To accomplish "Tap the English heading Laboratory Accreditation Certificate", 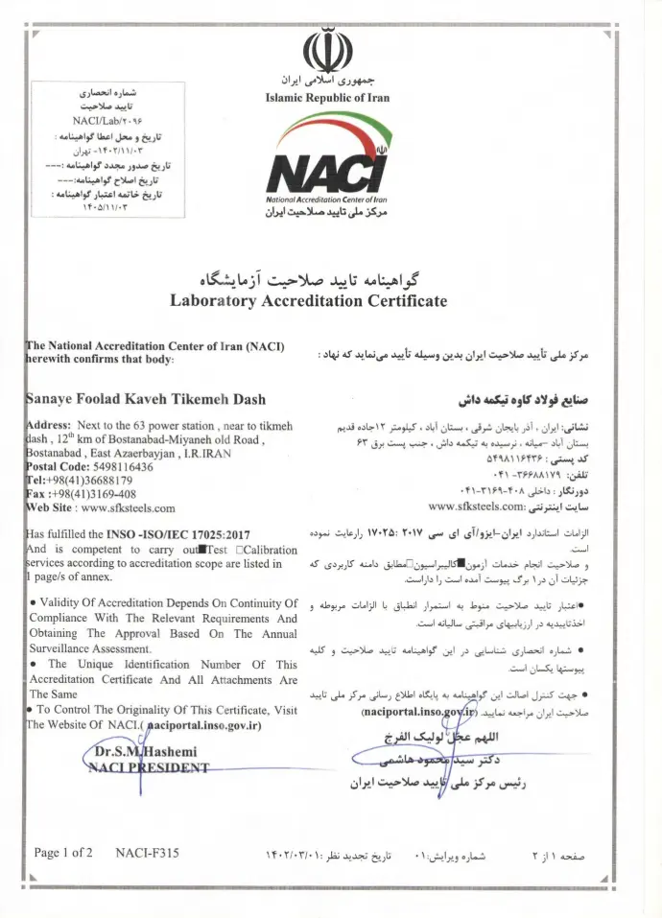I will tap(308, 300).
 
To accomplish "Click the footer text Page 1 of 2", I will tap(63, 852).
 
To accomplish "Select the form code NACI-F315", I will tap(146, 852).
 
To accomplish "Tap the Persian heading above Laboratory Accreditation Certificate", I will tap(309, 279).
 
